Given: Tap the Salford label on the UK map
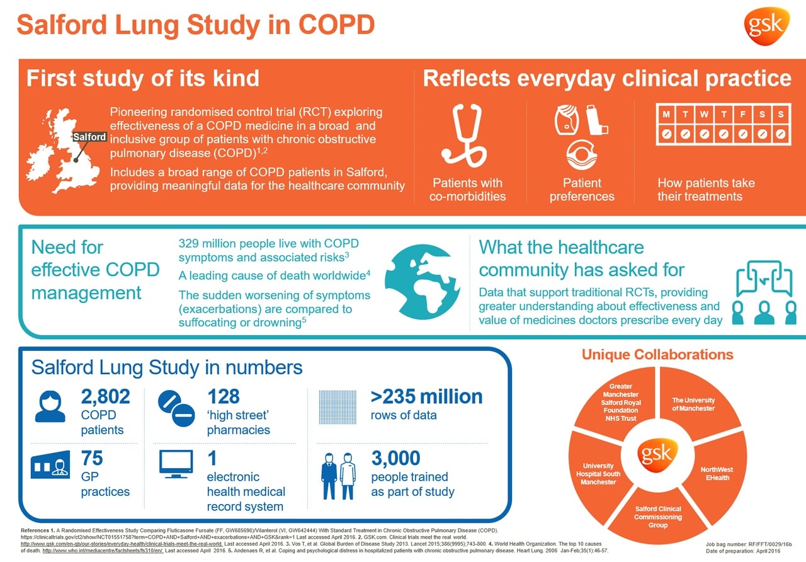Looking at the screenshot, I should pyautogui.click(x=90, y=137).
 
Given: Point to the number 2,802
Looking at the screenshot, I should pyautogui.click(x=106, y=396).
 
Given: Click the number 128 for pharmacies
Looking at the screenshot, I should pyautogui.click(x=223, y=396).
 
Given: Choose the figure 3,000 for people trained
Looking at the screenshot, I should pyautogui.click(x=395, y=457).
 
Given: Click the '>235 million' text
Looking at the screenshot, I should pyautogui.click(x=426, y=396).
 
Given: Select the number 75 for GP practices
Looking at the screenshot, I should pyautogui.click(x=92, y=457).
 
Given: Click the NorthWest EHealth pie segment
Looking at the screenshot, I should pyautogui.click(x=716, y=473).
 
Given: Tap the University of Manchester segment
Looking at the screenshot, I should pyautogui.click(x=693, y=404).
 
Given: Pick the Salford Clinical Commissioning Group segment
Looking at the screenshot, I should pyautogui.click(x=657, y=516).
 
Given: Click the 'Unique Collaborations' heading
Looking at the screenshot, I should pyautogui.click(x=657, y=355).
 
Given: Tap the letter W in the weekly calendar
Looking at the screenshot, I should pyautogui.click(x=704, y=114).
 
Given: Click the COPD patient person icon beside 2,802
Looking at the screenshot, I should pyautogui.click(x=50, y=406).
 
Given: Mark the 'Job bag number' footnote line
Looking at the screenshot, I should pyautogui.click(x=748, y=543).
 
